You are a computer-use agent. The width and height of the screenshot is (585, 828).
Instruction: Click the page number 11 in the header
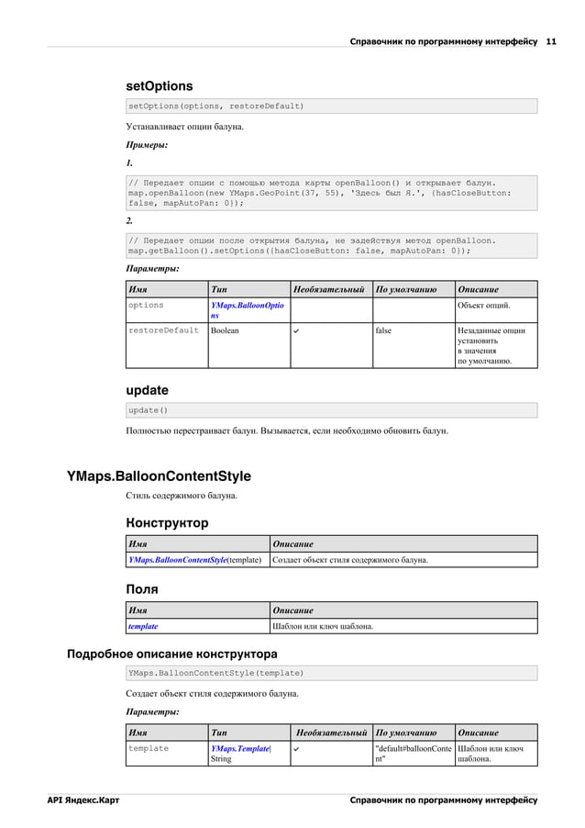(x=551, y=42)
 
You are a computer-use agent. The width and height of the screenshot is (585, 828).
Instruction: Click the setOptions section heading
(x=159, y=85)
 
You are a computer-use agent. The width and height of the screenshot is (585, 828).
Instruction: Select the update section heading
(x=147, y=390)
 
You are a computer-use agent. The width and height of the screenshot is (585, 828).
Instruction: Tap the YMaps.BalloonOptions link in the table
(x=247, y=310)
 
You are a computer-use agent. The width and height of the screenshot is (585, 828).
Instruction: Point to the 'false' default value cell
(x=383, y=330)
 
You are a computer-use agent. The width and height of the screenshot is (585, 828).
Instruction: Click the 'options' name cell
(x=146, y=305)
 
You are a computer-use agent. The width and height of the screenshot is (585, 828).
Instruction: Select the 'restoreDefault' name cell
(x=163, y=330)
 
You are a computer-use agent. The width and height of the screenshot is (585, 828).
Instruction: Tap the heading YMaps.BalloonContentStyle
(x=159, y=476)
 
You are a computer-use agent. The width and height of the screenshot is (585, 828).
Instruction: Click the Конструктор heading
(x=166, y=523)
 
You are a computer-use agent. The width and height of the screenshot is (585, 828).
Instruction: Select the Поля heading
(x=142, y=589)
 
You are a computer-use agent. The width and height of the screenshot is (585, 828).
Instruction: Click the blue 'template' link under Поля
(x=143, y=626)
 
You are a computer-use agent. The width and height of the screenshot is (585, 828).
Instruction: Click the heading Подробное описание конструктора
(x=172, y=655)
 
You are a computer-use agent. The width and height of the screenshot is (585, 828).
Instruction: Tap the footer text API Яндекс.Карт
(x=83, y=800)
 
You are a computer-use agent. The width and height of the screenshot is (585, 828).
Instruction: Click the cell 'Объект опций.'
(x=484, y=305)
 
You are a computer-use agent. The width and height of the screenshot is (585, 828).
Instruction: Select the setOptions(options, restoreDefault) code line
(x=215, y=106)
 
